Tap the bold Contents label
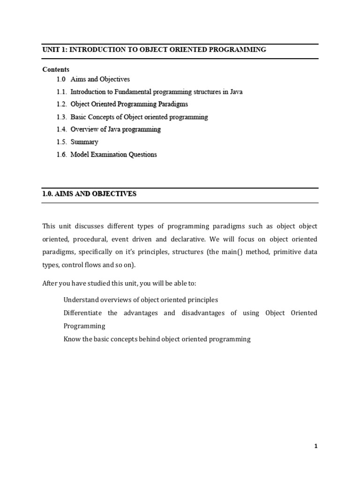56,69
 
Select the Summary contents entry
84,142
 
